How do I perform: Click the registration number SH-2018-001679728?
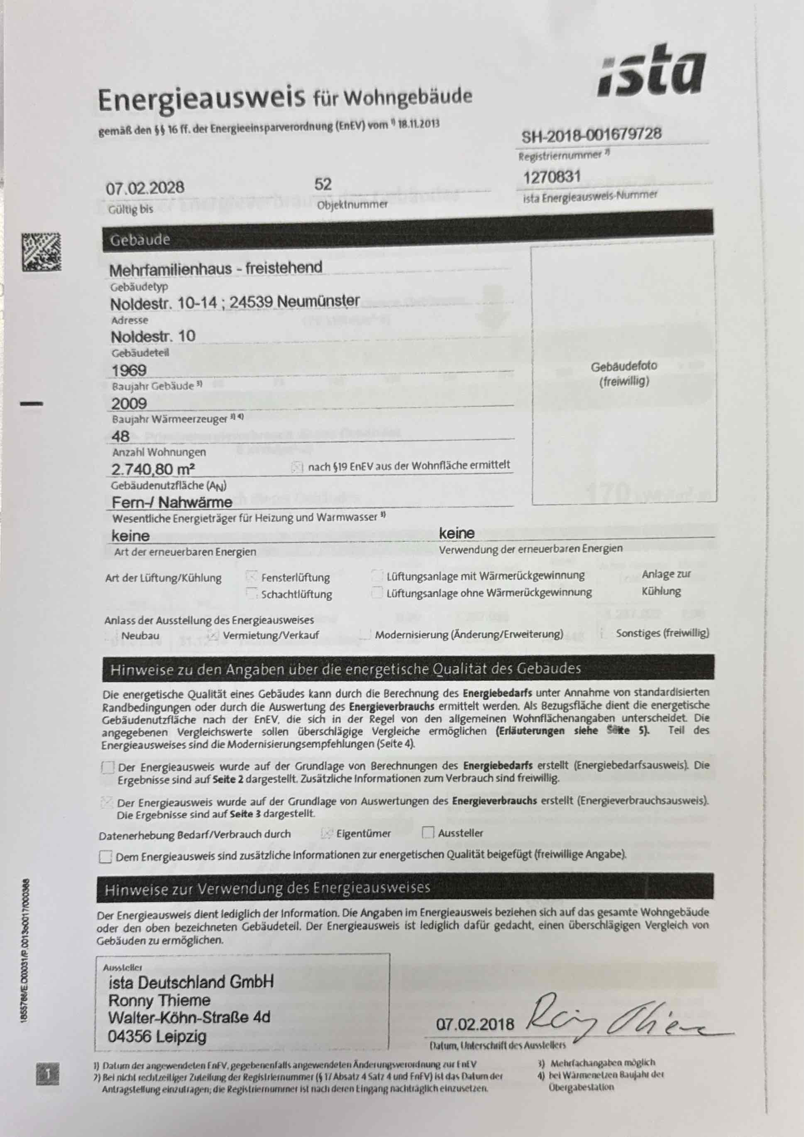pyautogui.click(x=591, y=134)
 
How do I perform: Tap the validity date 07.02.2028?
pyautogui.click(x=144, y=188)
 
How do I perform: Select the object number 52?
pyautogui.click(x=323, y=184)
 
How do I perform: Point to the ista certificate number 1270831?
pyautogui.click(x=552, y=176)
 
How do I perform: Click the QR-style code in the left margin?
pyautogui.click(x=41, y=252)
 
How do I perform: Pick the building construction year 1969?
pyautogui.click(x=129, y=370)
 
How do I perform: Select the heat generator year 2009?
pyautogui.click(x=129, y=403)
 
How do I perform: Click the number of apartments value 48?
pyautogui.click(x=120, y=436)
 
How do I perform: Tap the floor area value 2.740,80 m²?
pyautogui.click(x=152, y=469)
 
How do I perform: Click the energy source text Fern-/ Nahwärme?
pyautogui.click(x=172, y=502)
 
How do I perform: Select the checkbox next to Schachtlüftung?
pyautogui.click(x=252, y=593)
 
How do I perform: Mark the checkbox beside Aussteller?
pyautogui.click(x=428, y=832)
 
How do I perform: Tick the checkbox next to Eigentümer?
pyautogui.click(x=326, y=834)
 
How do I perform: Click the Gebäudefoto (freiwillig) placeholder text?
pyautogui.click(x=623, y=373)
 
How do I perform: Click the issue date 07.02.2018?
pyautogui.click(x=475, y=1024)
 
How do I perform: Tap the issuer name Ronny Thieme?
pyautogui.click(x=159, y=1000)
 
